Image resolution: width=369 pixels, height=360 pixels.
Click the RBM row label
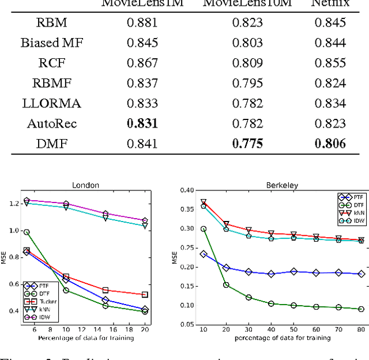click(52, 23)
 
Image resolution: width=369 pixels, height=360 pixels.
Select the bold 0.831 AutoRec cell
click(142, 123)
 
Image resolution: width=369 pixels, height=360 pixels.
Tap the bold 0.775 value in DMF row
click(247, 144)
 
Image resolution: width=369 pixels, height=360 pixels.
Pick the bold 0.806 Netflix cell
click(330, 144)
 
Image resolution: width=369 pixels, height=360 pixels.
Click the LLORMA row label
click(52, 103)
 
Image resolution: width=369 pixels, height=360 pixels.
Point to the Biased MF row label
click(52, 43)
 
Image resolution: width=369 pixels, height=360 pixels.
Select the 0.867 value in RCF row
click(142, 63)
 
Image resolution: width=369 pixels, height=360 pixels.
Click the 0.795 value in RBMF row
click(247, 83)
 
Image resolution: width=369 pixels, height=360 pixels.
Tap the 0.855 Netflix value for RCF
click(330, 63)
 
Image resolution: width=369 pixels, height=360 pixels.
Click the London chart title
click(85, 185)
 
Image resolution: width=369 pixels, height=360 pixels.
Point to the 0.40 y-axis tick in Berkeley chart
click(186, 190)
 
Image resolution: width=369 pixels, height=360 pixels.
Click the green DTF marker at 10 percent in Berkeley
click(204, 228)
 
